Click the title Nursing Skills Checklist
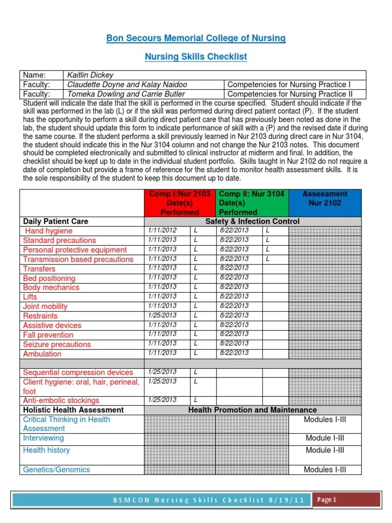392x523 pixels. click(195, 57)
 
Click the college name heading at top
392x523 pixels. click(195, 38)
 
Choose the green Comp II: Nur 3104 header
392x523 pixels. click(252, 203)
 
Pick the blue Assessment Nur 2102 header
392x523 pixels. click(325, 198)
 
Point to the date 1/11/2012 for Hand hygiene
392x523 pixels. click(162, 230)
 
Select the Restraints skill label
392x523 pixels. click(40, 316)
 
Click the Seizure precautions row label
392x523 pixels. click(57, 344)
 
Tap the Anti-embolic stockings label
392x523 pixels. click(61, 400)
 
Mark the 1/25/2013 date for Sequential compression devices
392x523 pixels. click(162, 372)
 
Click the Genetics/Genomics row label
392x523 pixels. click(56, 469)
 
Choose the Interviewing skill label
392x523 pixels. click(43, 438)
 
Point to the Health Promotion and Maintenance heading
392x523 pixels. click(252, 410)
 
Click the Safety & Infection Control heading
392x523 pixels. click(252, 221)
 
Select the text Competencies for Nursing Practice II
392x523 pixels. click(297, 94)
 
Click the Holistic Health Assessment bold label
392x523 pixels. click(73, 410)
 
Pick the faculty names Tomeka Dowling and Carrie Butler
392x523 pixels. click(126, 94)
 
